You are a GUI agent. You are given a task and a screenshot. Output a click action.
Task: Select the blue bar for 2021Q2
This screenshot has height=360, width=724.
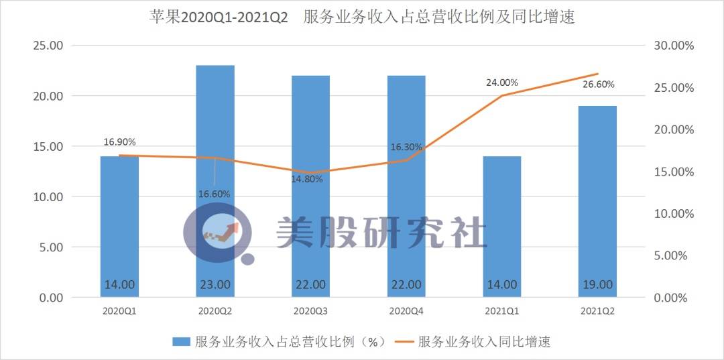(597, 201)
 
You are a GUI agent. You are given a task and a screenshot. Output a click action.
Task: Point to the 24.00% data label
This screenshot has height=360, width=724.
(501, 82)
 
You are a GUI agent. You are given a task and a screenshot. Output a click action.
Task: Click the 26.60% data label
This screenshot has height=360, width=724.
(597, 84)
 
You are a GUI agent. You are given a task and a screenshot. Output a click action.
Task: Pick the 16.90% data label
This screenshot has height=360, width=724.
(119, 142)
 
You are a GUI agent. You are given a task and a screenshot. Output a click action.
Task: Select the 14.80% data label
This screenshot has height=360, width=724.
(306, 179)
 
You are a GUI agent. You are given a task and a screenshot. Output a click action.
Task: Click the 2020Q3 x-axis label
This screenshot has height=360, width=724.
(310, 311)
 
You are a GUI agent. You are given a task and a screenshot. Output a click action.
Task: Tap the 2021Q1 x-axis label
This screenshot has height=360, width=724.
(501, 311)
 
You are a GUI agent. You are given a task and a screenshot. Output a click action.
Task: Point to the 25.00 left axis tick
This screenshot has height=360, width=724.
(48, 46)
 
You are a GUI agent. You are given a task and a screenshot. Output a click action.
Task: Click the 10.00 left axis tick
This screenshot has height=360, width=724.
(48, 197)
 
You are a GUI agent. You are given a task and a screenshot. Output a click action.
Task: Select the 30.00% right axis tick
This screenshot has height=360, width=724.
(674, 46)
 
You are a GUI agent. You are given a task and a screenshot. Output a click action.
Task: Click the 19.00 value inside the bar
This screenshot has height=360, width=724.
(597, 284)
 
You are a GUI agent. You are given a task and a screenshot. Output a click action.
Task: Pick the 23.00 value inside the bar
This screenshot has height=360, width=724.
(215, 284)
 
